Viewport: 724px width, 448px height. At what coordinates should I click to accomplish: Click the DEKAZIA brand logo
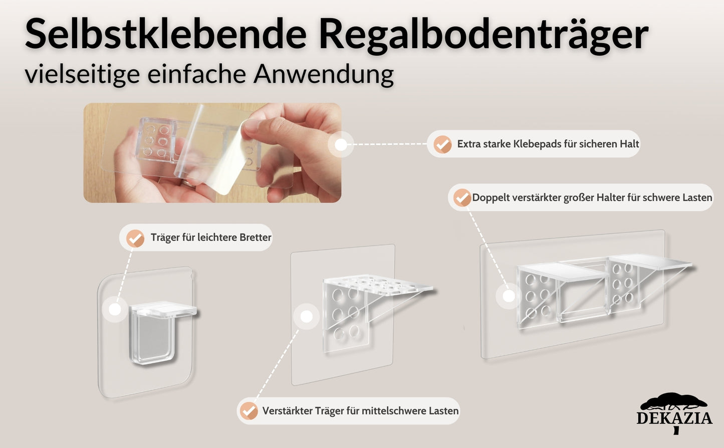pos(674,413)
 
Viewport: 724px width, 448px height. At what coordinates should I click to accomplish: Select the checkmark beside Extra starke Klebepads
pos(442,144)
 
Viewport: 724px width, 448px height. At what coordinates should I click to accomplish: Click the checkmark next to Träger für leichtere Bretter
pos(135,238)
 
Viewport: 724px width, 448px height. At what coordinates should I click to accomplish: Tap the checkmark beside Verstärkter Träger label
pos(249,411)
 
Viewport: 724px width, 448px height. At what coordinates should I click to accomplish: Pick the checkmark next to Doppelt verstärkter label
pos(462,197)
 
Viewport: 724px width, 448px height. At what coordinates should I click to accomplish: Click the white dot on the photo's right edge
pos(341,145)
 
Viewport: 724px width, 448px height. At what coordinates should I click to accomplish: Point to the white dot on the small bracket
pos(115,309)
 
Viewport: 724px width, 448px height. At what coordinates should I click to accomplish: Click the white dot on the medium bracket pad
pos(307,316)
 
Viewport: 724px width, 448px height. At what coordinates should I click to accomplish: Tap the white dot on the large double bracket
pos(509,296)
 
